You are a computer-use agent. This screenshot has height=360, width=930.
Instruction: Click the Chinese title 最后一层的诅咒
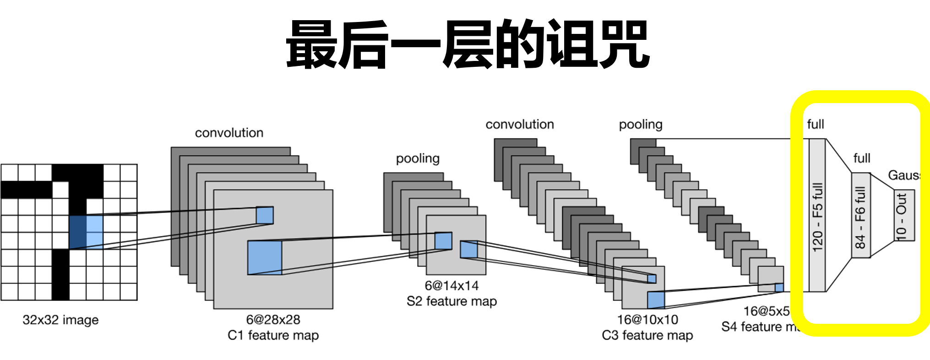coord(468,44)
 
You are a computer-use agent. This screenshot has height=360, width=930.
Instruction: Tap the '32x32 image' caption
coord(60,320)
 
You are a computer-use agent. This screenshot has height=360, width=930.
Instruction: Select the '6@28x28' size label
coord(273,319)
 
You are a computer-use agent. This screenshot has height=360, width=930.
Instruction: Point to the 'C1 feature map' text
coord(273,335)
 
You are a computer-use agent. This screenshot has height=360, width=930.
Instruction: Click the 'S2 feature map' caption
coord(451,301)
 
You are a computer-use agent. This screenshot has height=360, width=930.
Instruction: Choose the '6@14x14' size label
coord(451,286)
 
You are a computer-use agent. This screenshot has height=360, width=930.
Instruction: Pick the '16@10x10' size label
coord(647,319)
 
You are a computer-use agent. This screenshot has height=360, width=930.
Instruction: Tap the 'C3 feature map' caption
coord(647,335)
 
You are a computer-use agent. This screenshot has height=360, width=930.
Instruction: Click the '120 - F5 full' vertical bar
coord(817,215)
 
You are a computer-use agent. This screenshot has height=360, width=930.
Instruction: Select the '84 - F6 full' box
coord(860,215)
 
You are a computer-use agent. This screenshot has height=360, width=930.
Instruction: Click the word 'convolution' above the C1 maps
coord(229,133)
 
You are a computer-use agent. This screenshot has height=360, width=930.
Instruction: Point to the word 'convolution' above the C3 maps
coord(520,125)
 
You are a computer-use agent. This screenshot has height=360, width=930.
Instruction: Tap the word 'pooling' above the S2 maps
coord(418,158)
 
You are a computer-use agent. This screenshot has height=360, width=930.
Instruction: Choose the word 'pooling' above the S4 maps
coord(641,125)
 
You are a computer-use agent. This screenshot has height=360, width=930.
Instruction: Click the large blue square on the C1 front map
coord(265,257)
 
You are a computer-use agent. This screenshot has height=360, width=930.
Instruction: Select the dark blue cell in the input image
coord(78,232)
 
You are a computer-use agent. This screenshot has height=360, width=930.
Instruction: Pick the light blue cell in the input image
coord(95,232)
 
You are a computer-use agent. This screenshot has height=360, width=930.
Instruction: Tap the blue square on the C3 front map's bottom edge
coord(656,300)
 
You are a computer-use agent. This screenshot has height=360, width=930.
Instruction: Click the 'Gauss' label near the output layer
coord(903,175)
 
